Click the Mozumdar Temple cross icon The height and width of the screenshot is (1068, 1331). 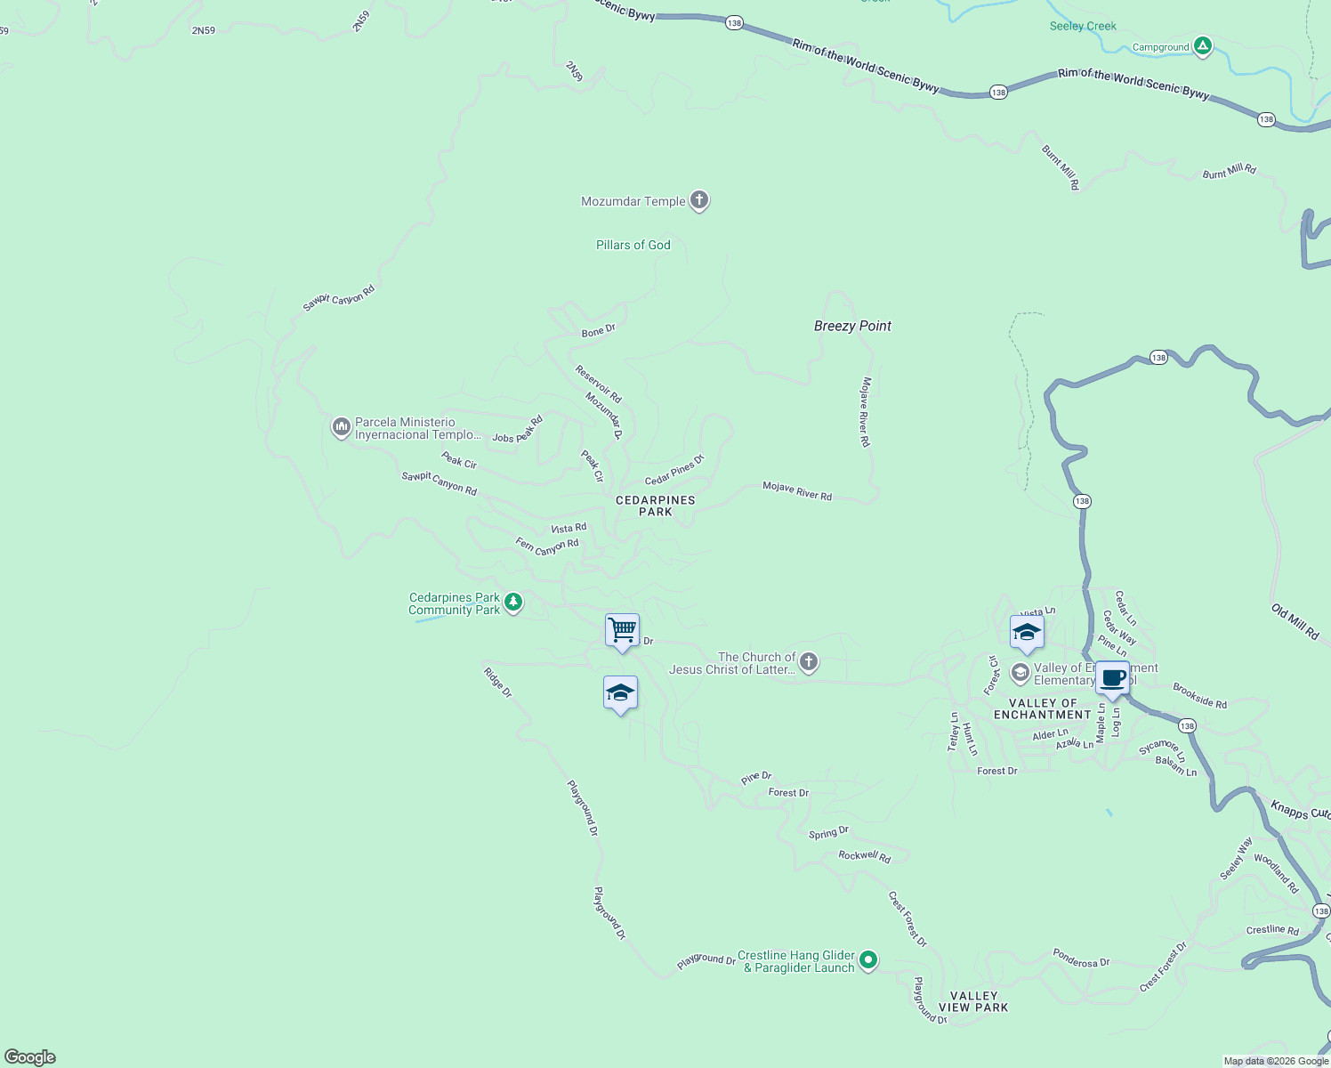(x=699, y=200)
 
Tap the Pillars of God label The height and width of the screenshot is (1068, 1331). (x=633, y=245)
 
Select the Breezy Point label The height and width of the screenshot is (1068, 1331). (x=852, y=326)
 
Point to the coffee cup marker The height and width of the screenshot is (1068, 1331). (x=1112, y=678)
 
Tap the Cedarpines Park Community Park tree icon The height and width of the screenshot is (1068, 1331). (x=513, y=603)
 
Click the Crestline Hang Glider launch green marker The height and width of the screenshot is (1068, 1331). (x=869, y=959)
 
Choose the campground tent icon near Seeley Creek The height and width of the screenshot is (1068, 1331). (x=1203, y=46)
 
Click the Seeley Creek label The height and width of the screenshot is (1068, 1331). (x=1083, y=26)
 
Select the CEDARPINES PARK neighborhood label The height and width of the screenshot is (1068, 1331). (x=656, y=506)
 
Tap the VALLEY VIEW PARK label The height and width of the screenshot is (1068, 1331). (x=973, y=1001)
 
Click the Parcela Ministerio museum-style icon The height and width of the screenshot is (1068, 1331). (x=341, y=428)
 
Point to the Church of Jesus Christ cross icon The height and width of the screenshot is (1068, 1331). (x=809, y=662)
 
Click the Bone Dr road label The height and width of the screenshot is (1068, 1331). (x=598, y=331)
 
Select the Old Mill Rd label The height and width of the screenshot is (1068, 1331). (x=1295, y=622)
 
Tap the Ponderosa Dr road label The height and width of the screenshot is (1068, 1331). (x=1081, y=961)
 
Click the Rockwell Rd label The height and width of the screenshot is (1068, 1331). (x=864, y=855)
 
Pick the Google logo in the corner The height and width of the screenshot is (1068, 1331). (x=30, y=1057)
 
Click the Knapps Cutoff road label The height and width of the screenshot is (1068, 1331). (x=1300, y=810)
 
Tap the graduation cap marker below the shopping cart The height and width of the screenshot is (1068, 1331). (x=620, y=693)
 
